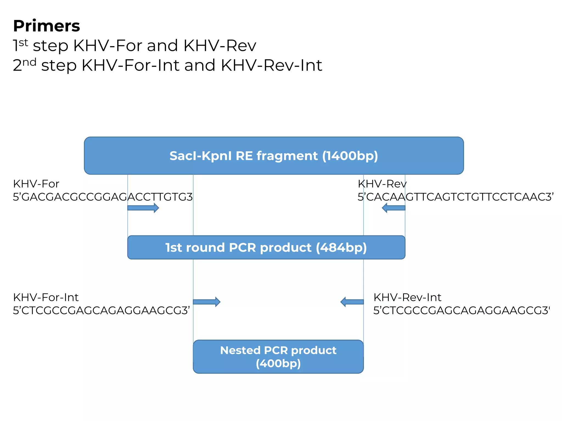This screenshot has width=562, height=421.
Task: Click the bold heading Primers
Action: coord(46,26)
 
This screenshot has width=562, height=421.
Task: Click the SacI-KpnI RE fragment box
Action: coord(274,156)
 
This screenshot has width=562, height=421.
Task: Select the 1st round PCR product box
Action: coord(266,247)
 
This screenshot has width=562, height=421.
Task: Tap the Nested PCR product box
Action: coord(278,356)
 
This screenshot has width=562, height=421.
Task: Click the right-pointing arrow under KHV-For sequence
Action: coord(143,208)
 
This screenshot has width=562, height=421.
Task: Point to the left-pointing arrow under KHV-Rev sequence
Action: coord(394,208)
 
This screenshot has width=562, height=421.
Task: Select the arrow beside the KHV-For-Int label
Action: coord(206,302)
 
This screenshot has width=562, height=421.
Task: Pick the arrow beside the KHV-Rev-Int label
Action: coord(352,302)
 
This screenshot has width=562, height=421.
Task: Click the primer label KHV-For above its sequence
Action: coord(36,184)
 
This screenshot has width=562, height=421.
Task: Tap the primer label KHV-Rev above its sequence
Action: coord(382,184)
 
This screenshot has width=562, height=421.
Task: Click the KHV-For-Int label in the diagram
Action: coord(46,297)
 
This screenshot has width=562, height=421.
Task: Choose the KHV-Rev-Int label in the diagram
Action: coord(407,297)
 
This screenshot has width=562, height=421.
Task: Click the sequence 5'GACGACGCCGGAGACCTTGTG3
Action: coord(103,197)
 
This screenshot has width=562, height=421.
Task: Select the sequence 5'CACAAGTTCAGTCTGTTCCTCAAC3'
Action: coord(456,197)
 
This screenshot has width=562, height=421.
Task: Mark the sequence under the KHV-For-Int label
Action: coord(101,310)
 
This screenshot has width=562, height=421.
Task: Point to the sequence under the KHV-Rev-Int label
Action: coord(462,310)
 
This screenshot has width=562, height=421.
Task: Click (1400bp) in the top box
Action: coord(350,156)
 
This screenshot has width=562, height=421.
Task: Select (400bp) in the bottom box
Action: coord(278,363)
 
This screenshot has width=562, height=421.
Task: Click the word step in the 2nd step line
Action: coord(59,66)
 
